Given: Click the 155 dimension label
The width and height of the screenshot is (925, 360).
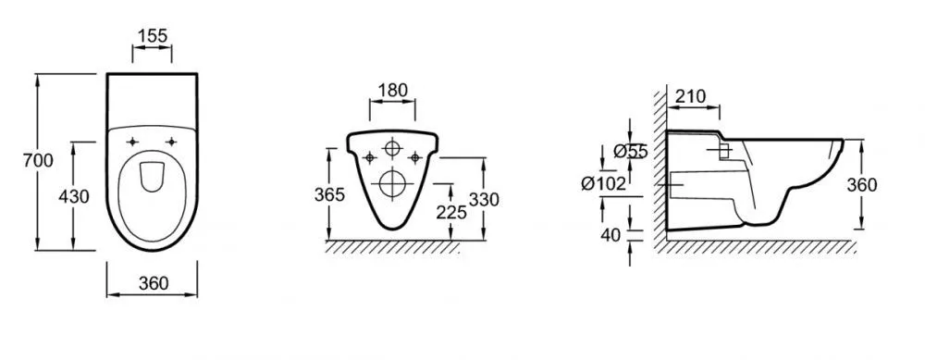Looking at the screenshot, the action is [153, 35].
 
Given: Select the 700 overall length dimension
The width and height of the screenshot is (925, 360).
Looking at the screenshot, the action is [38, 160].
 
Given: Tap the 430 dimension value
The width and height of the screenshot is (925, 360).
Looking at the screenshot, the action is [74, 196].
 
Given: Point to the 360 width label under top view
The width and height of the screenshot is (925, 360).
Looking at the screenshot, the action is [154, 283].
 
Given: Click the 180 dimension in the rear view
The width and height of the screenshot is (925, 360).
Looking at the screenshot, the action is [392, 90].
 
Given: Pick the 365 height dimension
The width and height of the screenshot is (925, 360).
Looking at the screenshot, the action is [328, 194].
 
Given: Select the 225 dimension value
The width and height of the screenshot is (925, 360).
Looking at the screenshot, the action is [451, 213].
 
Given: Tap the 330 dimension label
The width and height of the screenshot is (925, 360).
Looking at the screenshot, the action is [484, 200].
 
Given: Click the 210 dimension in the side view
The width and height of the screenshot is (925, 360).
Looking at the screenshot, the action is [690, 95].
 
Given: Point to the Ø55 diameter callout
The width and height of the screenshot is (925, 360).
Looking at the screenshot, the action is [630, 152].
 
